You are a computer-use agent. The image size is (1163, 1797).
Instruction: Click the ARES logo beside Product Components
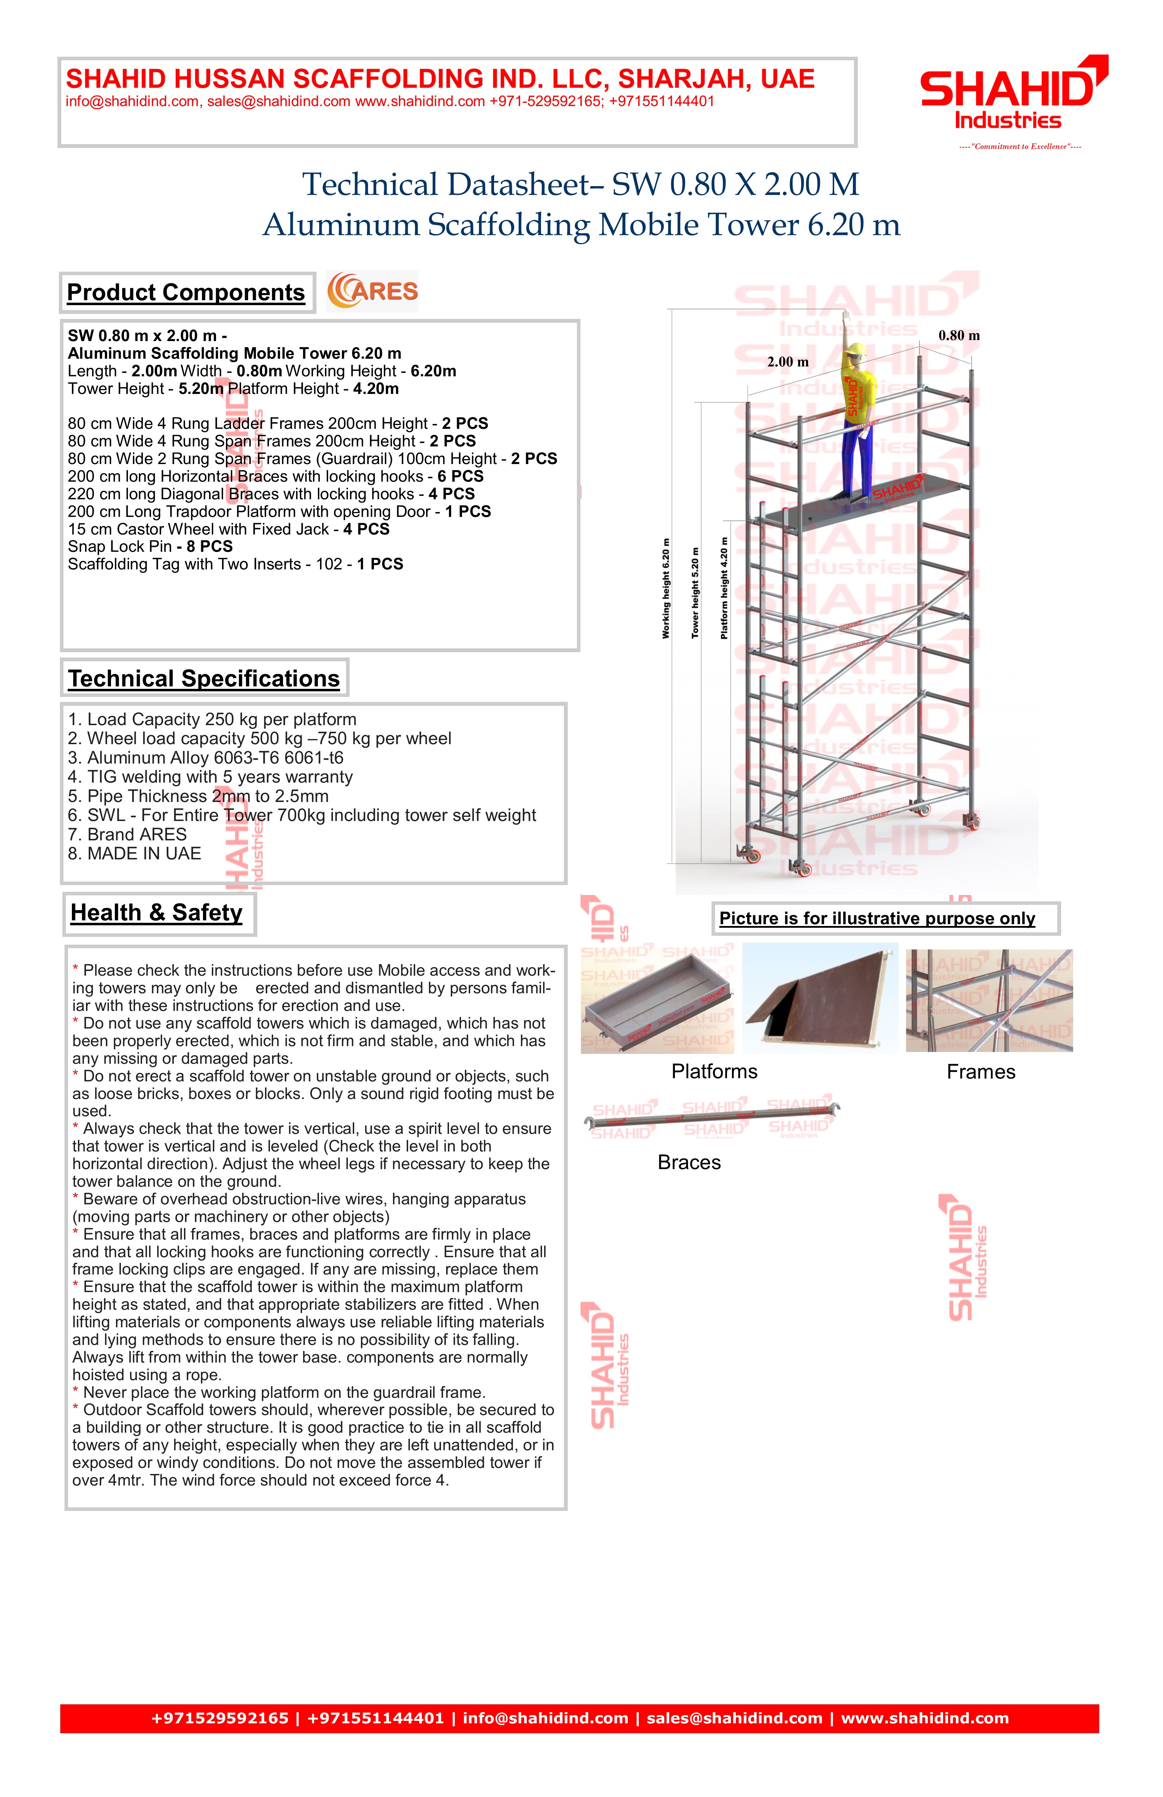(372, 291)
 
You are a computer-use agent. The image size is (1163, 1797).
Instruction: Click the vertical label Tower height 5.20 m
(696, 593)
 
